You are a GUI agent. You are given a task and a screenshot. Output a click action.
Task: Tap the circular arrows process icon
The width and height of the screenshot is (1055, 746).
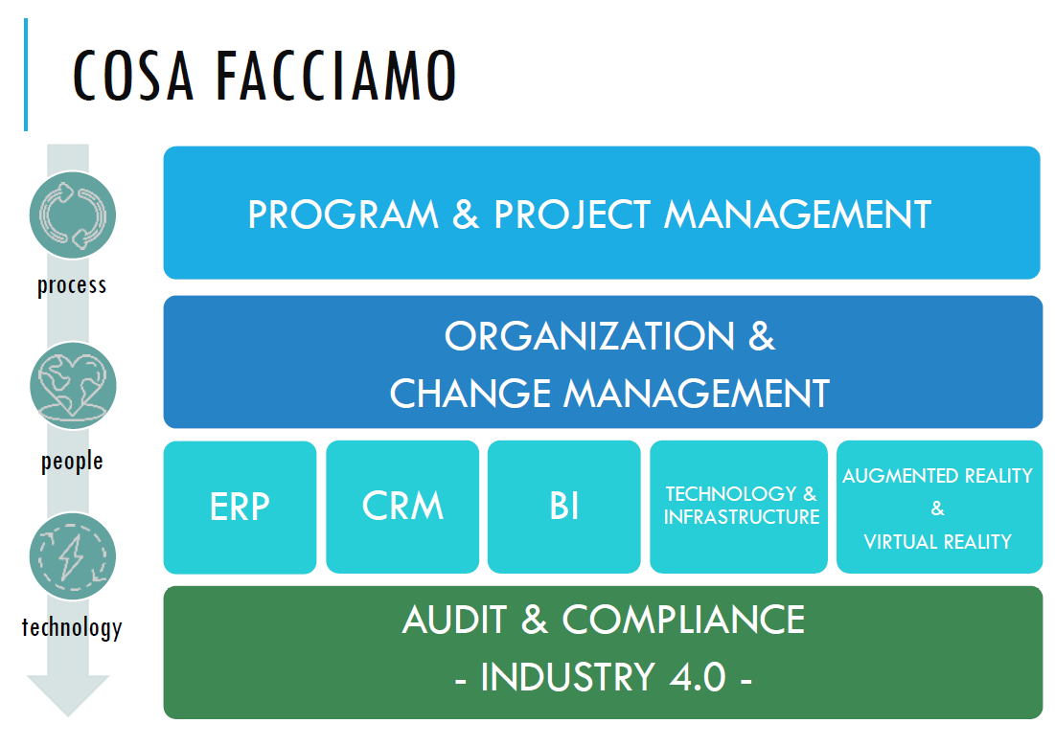pyautogui.click(x=73, y=215)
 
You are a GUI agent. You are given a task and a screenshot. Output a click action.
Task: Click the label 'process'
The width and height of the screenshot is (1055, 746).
pyautogui.click(x=72, y=285)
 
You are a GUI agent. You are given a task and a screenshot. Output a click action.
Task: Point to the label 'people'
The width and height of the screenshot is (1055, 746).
pyautogui.click(x=72, y=462)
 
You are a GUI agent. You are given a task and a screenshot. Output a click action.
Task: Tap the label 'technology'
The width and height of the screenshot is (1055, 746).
pyautogui.click(x=72, y=628)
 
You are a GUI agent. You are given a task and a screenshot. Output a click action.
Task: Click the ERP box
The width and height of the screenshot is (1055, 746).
pyautogui.click(x=240, y=507)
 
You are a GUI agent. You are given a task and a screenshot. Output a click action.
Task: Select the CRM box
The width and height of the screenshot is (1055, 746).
pyautogui.click(x=402, y=507)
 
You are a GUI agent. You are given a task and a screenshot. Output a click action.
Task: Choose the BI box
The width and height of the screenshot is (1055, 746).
pyautogui.click(x=564, y=507)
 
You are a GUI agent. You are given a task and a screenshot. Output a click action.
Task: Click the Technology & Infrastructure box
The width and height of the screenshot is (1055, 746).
pyautogui.click(x=741, y=506)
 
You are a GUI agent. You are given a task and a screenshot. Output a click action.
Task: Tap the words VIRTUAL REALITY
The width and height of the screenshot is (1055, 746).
pyautogui.click(x=937, y=542)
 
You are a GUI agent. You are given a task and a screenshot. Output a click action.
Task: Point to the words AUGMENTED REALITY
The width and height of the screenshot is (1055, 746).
pyautogui.click(x=937, y=476)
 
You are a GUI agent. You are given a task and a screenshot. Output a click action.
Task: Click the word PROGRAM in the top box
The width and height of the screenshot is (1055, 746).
pyautogui.click(x=342, y=215)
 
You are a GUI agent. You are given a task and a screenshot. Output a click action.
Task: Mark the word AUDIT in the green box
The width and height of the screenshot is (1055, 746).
pyautogui.click(x=455, y=621)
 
